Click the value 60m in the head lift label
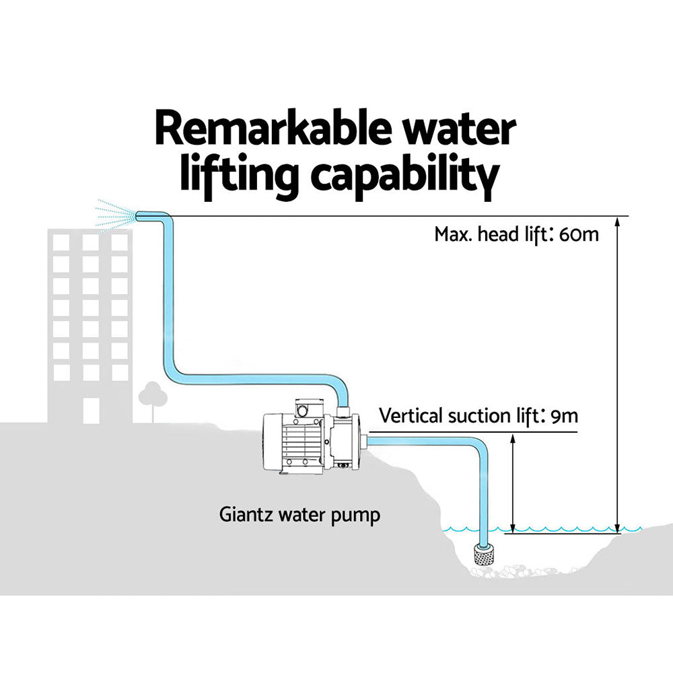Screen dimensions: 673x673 point(578,235)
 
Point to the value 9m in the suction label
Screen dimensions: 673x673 point(564,415)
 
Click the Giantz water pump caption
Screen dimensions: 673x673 point(299,516)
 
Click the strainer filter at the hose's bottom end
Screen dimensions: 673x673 point(484,554)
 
